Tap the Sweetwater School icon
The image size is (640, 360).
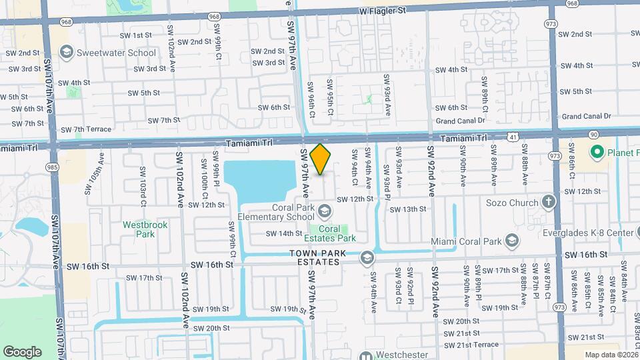click(x=66, y=53)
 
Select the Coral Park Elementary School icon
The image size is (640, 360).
click(x=324, y=211)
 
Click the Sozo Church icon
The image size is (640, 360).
click(x=548, y=201)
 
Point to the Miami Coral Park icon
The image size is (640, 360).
click(x=512, y=240)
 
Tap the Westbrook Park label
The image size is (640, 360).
click(x=145, y=229)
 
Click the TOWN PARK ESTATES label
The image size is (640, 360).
click(x=315, y=257)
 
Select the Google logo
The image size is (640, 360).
click(x=22, y=351)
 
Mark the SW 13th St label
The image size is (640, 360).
click(x=407, y=209)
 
